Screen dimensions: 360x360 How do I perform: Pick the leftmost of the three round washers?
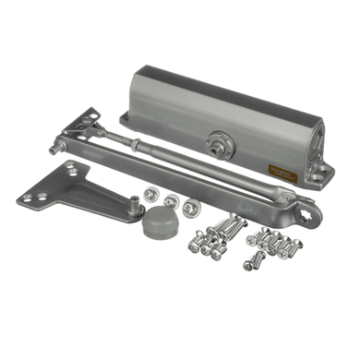click(150, 197)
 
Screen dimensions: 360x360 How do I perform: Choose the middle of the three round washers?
click(170, 201)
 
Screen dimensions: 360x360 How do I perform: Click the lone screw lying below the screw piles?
click(250, 264)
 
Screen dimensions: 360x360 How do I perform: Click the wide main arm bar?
click(185, 175)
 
